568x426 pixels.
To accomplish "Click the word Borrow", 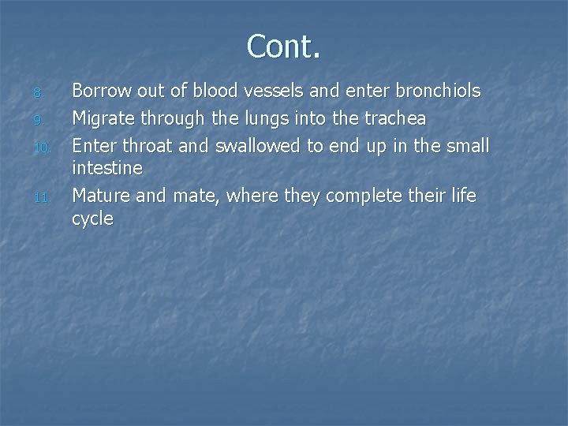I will point(100,92).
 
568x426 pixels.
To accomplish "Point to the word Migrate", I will point(103,118).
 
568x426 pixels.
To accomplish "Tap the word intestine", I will point(107,169).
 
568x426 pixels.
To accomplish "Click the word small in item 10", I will point(467,145).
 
